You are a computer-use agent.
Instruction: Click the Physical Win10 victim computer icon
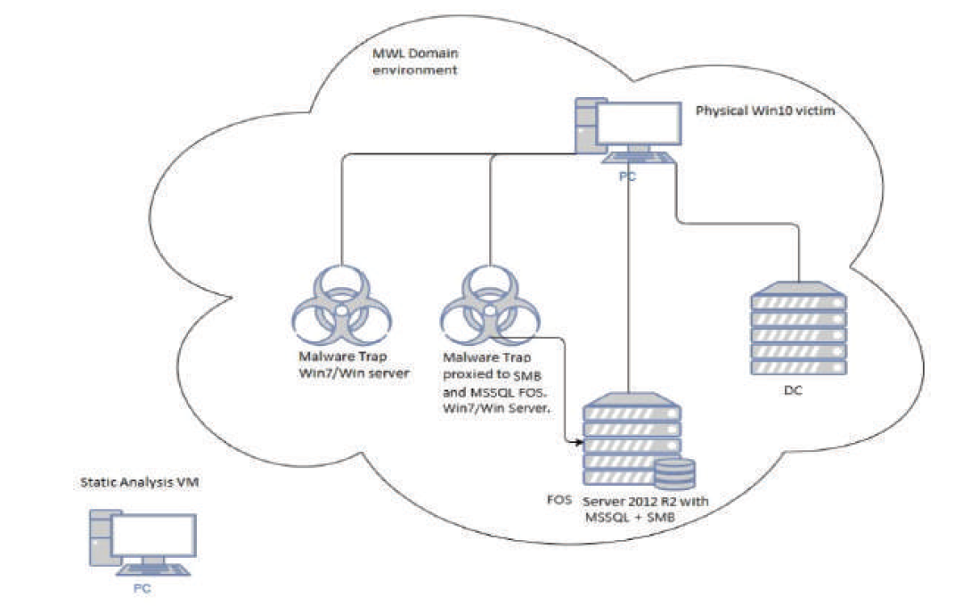628,132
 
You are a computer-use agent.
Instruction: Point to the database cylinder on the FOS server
674,473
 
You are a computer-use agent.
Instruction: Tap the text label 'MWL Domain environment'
415,60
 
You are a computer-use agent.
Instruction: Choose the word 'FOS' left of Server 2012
559,501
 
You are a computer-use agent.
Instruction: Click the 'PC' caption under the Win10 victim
628,177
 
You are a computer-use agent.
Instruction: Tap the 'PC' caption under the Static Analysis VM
143,587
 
